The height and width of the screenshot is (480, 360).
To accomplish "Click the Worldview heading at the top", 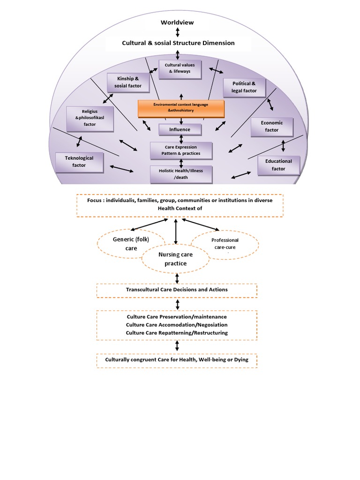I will point(177,22).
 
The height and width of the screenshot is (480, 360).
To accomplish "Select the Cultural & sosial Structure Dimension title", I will point(178,43).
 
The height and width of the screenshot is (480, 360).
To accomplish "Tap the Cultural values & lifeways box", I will point(180,68).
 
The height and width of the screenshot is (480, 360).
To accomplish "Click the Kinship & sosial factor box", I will point(125,82).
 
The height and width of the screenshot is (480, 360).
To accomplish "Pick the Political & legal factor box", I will point(244,87).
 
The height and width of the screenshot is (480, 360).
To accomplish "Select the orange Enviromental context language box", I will point(181,108).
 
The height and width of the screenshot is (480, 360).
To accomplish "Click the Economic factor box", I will point(272,127).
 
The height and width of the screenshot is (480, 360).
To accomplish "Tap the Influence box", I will point(180,129).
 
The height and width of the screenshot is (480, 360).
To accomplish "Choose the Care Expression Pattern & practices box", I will point(181,150).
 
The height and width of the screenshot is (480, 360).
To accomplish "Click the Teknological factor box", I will point(79,162).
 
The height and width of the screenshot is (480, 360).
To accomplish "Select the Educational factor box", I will point(278,165).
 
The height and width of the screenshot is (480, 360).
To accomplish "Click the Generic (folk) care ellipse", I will point(125,244).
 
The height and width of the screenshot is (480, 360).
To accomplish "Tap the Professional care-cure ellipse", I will point(225,243).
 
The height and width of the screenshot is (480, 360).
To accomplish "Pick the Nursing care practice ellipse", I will point(176,259).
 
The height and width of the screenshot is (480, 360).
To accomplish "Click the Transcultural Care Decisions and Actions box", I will point(177,290).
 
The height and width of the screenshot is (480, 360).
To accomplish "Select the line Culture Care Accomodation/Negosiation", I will point(177,325).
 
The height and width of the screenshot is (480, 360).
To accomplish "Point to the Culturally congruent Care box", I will point(177,360).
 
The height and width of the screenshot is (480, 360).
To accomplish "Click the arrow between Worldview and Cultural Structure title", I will point(177,32).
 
